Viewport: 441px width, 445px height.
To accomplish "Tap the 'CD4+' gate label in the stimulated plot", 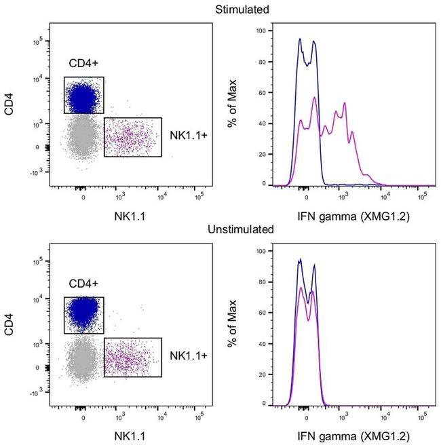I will [x=83, y=64].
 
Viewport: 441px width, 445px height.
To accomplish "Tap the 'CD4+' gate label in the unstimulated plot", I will [x=83, y=285].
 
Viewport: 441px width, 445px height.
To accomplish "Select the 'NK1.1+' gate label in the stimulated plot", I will [x=186, y=136].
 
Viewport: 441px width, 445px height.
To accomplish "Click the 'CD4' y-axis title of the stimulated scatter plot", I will [x=9, y=109].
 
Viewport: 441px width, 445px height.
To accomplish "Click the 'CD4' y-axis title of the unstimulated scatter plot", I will [x=9, y=329].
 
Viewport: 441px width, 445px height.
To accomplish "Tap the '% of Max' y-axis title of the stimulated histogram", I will [x=233, y=109].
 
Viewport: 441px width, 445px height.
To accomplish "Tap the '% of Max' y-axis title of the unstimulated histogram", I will [x=233, y=329].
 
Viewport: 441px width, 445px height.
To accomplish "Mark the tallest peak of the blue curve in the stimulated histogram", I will [x=300, y=39].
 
